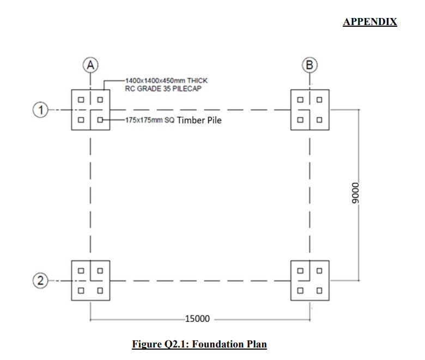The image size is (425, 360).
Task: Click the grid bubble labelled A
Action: [90, 65]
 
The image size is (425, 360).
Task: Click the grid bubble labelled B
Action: [310, 65]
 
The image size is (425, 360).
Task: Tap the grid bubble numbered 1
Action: [40, 110]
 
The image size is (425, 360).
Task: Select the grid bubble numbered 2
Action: [40, 280]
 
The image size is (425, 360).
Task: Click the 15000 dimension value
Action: [197, 319]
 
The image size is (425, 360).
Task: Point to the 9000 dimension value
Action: [355, 193]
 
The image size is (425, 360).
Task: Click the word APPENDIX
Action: [370, 22]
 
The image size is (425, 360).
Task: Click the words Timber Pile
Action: [199, 120]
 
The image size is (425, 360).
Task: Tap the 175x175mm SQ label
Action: [150, 120]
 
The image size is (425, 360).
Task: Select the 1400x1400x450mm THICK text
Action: [166, 81]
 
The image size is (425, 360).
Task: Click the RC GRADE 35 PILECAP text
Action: [163, 89]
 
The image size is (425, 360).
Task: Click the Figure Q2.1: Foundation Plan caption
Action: [199, 344]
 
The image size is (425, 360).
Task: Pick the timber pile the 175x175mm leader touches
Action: [100, 119]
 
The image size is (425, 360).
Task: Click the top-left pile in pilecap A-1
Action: [81, 100]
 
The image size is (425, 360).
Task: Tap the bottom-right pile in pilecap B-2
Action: [319, 291]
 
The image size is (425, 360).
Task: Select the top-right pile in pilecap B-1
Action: [319, 100]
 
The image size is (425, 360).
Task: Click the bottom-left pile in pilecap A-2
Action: [81, 291]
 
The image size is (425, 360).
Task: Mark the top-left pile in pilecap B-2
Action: [300, 271]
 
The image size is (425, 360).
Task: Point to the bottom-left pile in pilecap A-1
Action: [81, 119]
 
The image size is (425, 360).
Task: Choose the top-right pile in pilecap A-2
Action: [100, 271]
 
